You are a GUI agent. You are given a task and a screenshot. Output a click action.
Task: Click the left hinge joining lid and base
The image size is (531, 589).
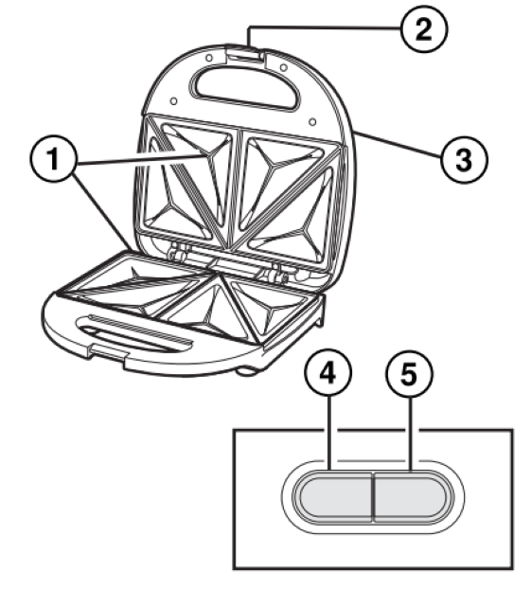click(175, 255)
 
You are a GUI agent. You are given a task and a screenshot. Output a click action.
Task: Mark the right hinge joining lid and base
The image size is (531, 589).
click(277, 275)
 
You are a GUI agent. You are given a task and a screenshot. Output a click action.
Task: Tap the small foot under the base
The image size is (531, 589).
click(249, 370)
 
